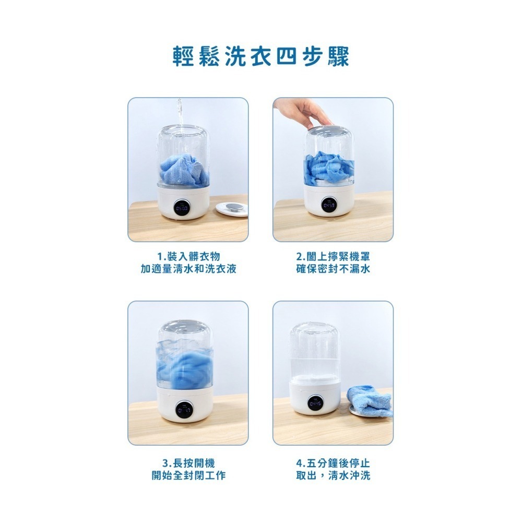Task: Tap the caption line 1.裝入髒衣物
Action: (188, 256)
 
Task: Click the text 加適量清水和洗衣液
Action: (188, 269)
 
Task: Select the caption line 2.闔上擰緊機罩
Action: (333, 256)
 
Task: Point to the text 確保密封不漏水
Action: (333, 269)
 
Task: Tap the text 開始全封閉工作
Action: (188, 476)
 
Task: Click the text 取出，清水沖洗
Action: (333, 476)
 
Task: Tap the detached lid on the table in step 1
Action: (232, 207)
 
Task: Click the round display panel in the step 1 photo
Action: (183, 208)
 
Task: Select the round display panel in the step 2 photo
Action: (329, 205)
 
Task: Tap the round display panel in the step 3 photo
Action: (183, 410)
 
